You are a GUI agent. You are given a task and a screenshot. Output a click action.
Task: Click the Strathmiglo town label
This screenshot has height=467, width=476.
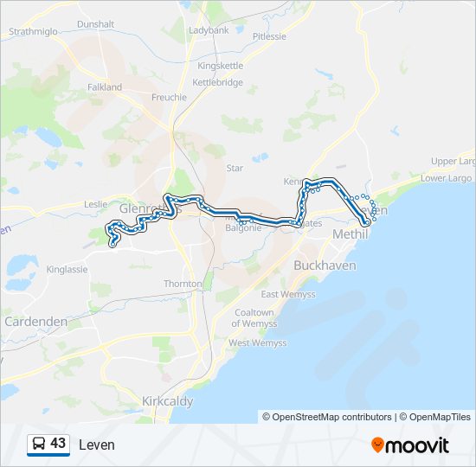coord(34,31)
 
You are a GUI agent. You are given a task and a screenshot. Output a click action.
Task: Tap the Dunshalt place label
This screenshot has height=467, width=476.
coord(95,25)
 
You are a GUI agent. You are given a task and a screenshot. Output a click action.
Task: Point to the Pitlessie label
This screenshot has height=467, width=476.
coord(268,36)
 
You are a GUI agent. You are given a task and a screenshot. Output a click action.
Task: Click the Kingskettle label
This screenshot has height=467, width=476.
coord(221,66)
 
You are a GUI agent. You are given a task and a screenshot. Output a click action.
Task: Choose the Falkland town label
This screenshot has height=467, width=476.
coord(105,87)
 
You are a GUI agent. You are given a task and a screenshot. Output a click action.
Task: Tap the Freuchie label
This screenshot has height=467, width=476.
coord(169,97)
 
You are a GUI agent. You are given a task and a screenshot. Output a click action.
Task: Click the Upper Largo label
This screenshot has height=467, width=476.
coord(453,162)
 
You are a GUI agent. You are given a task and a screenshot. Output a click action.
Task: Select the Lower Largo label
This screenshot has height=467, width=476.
coord(446,178)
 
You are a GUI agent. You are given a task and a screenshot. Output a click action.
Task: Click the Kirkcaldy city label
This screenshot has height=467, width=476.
coord(167,401)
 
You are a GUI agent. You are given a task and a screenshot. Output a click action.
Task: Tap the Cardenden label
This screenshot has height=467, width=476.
coord(35,321)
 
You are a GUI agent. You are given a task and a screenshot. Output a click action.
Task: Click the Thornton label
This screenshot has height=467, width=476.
coord(183,284)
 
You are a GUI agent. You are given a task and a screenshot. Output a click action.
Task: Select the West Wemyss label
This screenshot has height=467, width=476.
coord(257,343)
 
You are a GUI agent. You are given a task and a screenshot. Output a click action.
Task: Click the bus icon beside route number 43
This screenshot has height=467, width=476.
coord(38,445)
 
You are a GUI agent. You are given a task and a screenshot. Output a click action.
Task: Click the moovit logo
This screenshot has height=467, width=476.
coord(410,445)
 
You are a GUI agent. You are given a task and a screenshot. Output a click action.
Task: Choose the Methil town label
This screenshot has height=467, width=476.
coord(350,234)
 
